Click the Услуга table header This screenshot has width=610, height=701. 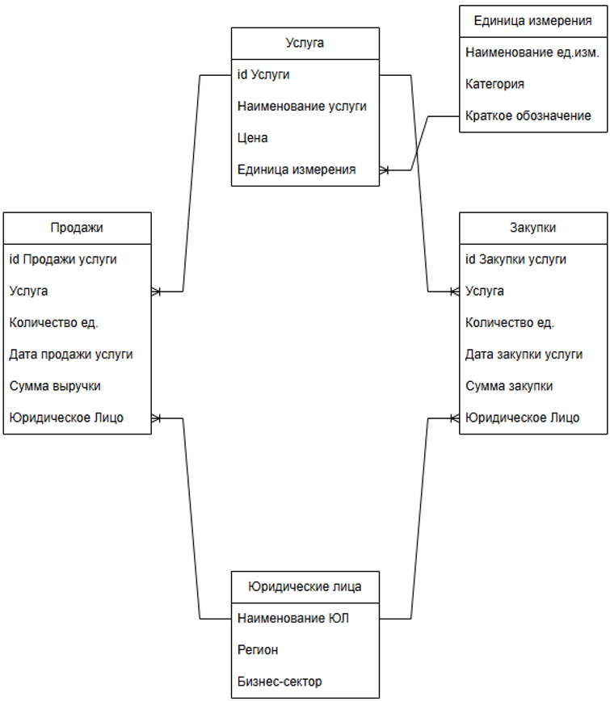pyautogui.click(x=305, y=43)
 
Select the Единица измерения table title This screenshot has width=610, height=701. pyautogui.click(x=532, y=21)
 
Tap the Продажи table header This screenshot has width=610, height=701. pyautogui.click(x=77, y=228)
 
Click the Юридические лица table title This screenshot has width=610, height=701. pyautogui.click(x=305, y=587)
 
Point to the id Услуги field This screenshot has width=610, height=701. pyautogui.click(x=263, y=75)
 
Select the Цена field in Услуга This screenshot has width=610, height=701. pyautogui.click(x=253, y=138)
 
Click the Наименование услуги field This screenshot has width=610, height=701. pyautogui.click(x=302, y=107)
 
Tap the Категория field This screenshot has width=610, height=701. pyautogui.click(x=494, y=84)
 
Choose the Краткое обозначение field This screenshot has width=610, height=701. pyautogui.click(x=528, y=115)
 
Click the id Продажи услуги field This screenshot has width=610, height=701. pyautogui.click(x=63, y=259)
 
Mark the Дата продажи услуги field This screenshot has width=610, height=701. pyautogui.click(x=71, y=354)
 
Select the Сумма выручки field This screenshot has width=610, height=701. pyautogui.click(x=55, y=386)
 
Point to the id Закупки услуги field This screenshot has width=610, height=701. pyautogui.click(x=515, y=259)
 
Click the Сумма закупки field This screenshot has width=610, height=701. pyautogui.click(x=509, y=386)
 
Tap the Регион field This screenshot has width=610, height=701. pyautogui.click(x=258, y=650)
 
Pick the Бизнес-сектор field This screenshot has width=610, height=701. pyautogui.click(x=280, y=682)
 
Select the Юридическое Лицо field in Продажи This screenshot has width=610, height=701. pyautogui.click(x=66, y=418)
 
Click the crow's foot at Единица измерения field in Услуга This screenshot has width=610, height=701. pyautogui.click(x=385, y=170)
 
